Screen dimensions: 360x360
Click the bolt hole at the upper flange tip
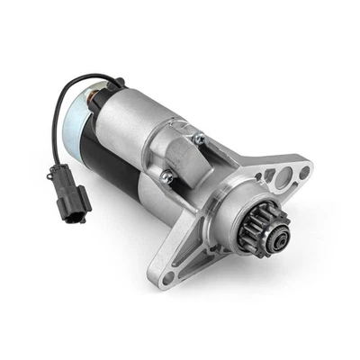tap(304, 171)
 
